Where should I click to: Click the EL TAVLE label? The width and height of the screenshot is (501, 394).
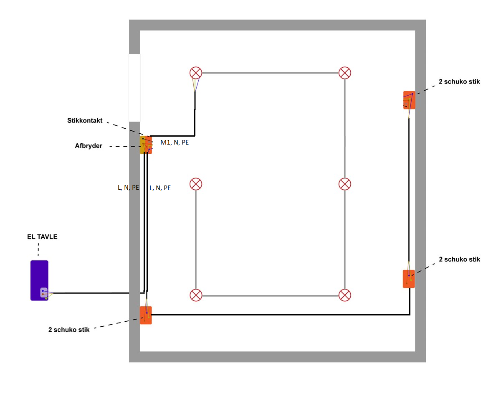(42, 236)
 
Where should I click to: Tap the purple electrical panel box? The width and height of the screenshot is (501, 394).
(39, 280)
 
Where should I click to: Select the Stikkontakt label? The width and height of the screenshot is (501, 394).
(85, 120)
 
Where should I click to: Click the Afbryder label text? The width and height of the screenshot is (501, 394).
(89, 146)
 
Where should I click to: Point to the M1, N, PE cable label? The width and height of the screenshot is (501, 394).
(175, 142)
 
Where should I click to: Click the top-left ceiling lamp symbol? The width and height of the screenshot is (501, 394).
(196, 73)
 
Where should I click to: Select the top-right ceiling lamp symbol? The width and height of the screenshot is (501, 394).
(345, 73)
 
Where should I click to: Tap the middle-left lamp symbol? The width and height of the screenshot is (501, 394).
(196, 184)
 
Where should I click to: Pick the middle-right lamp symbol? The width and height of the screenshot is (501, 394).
(345, 184)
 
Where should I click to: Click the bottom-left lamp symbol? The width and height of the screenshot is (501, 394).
(196, 295)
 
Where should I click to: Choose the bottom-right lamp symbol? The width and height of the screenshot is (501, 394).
(345, 295)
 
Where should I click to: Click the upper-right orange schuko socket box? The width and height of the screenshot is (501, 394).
(409, 100)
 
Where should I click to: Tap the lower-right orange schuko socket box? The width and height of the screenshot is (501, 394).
(409, 279)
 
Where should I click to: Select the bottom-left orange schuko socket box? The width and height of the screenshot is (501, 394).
(146, 315)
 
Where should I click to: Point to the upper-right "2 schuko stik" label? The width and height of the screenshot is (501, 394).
(459, 81)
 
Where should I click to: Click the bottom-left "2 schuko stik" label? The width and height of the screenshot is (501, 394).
(69, 330)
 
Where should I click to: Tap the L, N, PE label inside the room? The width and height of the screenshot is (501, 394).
(160, 188)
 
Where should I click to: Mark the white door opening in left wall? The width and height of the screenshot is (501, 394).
(134, 88)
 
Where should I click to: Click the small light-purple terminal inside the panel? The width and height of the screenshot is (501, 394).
(44, 292)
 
